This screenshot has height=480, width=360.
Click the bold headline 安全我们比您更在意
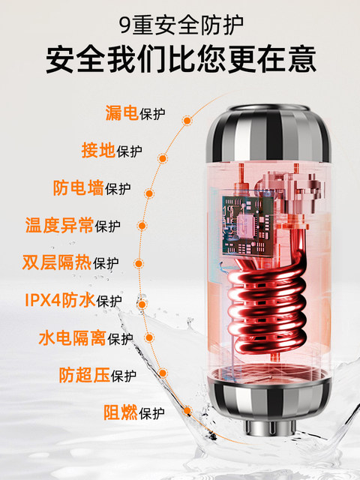pyautogui.click(x=180, y=59)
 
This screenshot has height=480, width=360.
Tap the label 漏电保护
pyautogui.click(x=135, y=115)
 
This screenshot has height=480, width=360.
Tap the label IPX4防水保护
pyautogui.click(x=73, y=301)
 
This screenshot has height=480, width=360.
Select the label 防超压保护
pyautogui.click(x=98, y=375)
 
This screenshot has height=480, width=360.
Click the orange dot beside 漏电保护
pyautogui.click(x=182, y=118)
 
